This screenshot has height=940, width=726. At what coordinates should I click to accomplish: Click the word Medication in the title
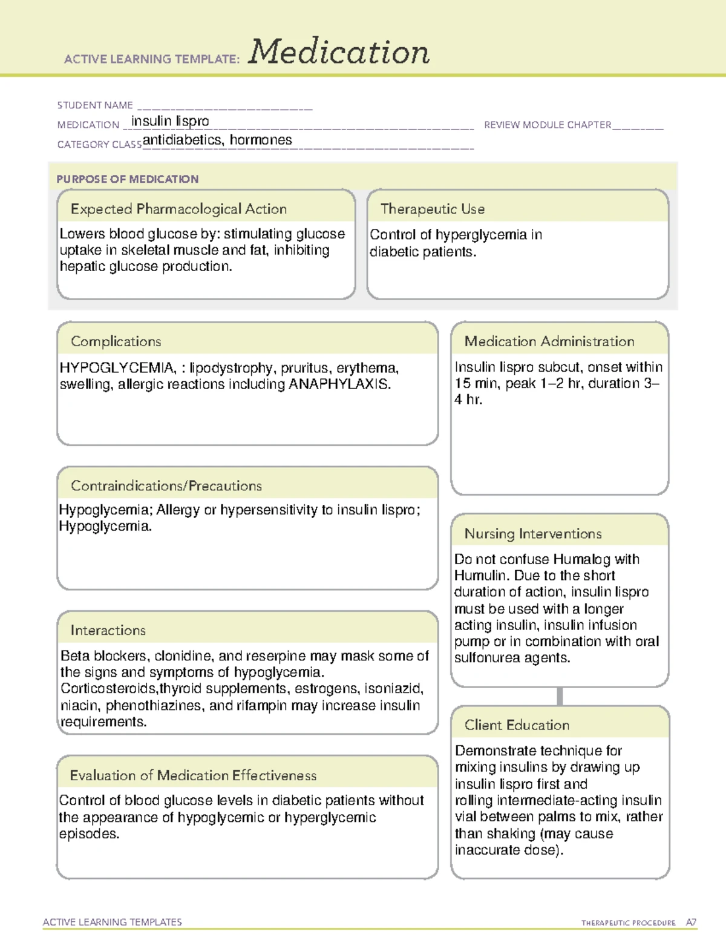click(339, 52)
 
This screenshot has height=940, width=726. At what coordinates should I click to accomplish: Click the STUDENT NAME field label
click(95, 105)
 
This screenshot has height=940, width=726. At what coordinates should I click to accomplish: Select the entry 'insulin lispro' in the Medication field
click(170, 121)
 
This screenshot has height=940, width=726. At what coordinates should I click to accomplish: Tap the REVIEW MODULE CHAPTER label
click(548, 125)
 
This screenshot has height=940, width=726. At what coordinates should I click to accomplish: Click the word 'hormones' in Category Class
click(261, 140)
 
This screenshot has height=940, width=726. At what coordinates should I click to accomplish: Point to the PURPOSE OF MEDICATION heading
click(128, 179)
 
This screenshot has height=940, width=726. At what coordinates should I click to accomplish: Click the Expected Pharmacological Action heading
click(178, 209)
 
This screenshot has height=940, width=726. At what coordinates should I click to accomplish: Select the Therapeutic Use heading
click(433, 209)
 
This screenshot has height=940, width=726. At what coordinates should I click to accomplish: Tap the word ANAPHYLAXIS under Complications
click(339, 384)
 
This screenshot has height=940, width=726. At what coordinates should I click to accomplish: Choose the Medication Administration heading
click(549, 341)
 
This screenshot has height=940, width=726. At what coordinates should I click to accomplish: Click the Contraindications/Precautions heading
click(166, 486)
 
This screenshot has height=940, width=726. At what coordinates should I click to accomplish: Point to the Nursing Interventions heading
click(533, 534)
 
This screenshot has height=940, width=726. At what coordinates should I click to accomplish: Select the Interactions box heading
click(108, 631)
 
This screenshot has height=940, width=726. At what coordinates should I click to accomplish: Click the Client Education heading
click(517, 725)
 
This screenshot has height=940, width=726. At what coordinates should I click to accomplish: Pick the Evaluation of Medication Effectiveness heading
click(193, 775)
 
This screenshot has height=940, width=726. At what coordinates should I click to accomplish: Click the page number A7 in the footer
click(691, 922)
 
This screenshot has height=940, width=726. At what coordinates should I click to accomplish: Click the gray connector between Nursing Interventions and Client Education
click(560, 696)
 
